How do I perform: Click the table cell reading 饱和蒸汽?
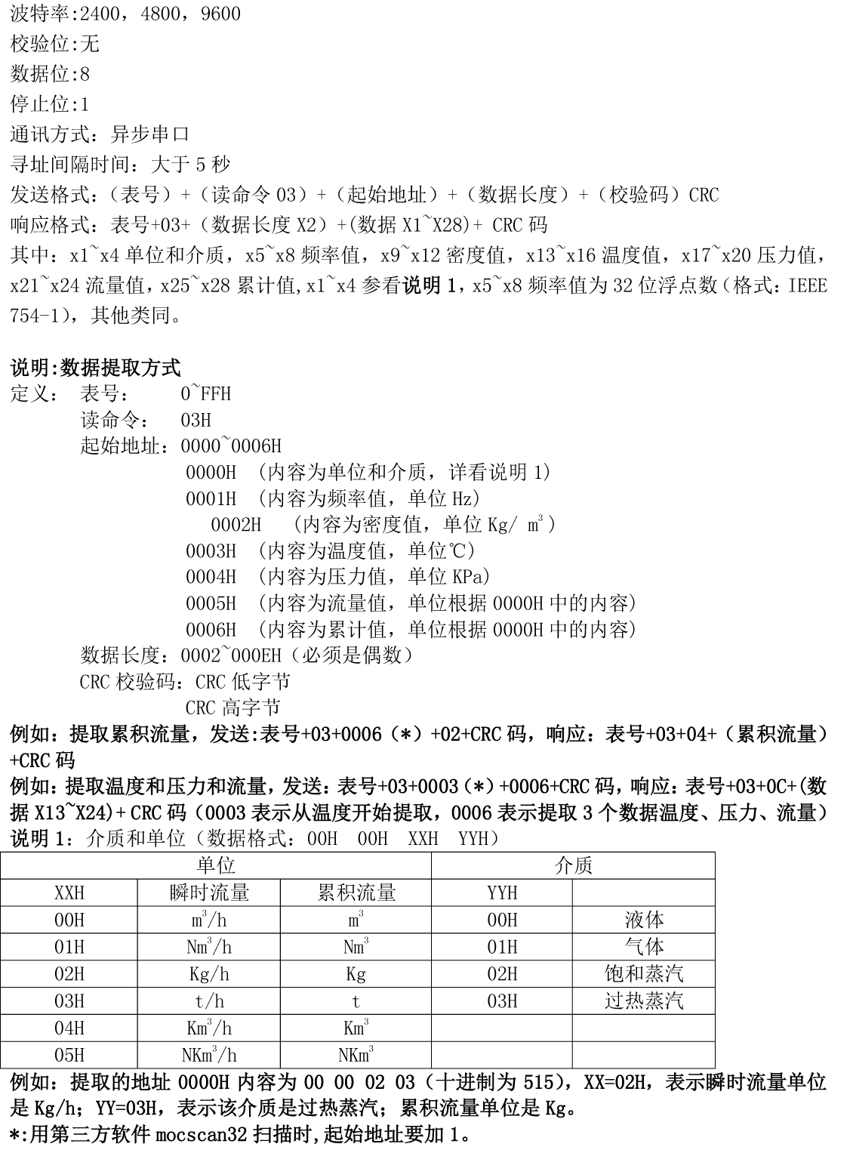644,974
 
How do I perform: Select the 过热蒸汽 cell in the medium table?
644,1001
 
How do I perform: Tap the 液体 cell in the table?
644,920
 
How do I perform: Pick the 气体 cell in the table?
644,947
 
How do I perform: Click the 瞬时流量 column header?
209,893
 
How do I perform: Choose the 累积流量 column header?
356,893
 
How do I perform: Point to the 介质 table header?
573,865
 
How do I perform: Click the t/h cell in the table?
209,1001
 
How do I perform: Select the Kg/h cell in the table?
209,974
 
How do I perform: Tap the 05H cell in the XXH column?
69,1055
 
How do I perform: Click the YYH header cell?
502,893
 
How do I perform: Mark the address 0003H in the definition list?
211,551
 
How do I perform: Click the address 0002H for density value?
236,525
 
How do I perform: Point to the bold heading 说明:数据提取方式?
95,368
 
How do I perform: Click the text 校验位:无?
55,45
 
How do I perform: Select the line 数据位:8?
50,74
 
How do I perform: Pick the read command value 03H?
196,420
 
